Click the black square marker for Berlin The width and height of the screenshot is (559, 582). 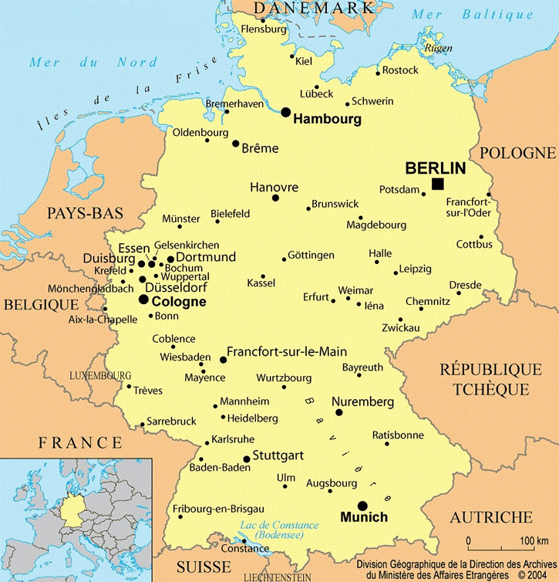coord(438,184)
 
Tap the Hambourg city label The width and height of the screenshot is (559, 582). coord(328,120)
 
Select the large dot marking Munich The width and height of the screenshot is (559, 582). coord(341,506)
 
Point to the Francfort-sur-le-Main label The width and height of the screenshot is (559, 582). coord(287,350)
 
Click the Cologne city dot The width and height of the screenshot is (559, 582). coord(143,299)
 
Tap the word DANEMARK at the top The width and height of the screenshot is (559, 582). coord(314,8)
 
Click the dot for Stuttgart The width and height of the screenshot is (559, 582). coord(247,458)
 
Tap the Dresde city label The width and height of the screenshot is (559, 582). coord(465,284)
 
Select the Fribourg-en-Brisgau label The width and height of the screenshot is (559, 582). coord(218,509)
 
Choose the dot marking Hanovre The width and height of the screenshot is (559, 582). coord(275,198)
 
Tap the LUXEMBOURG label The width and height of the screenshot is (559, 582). coord(100,375)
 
